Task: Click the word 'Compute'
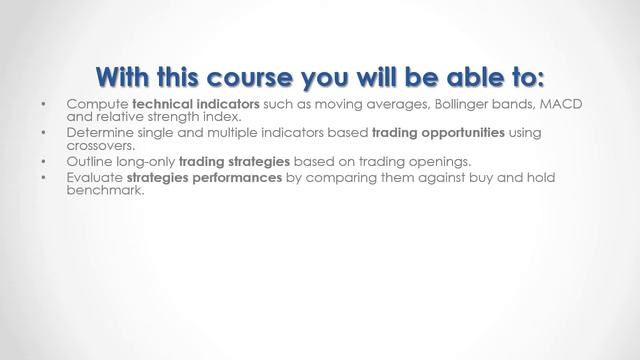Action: [x=97, y=105]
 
